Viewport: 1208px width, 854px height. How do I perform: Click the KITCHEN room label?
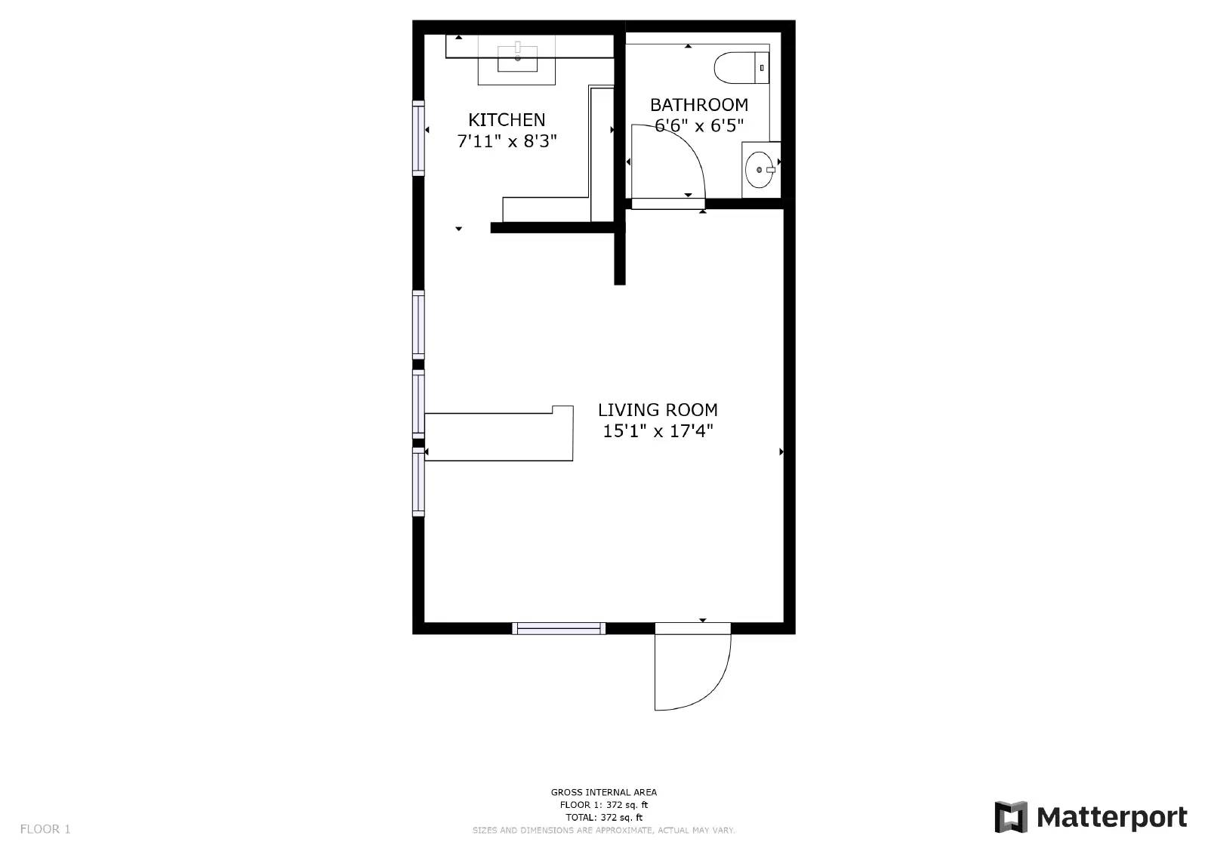click(x=507, y=119)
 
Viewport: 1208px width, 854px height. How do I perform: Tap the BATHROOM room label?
click(x=699, y=104)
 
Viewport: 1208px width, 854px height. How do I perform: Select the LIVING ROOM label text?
click(x=658, y=410)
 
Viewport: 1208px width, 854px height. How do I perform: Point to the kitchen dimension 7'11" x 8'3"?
click(x=507, y=141)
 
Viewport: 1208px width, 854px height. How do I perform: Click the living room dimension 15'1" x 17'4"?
click(x=658, y=431)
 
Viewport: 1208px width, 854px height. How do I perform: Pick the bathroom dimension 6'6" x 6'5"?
click(x=699, y=125)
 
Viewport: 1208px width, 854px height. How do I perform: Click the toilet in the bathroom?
click(x=740, y=67)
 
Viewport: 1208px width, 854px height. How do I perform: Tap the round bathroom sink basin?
click(x=759, y=170)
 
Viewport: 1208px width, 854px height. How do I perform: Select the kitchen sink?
click(x=518, y=58)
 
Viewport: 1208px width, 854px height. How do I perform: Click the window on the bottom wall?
click(x=559, y=628)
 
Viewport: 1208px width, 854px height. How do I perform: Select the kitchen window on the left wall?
click(x=418, y=137)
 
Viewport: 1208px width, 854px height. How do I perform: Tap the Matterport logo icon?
click(x=1011, y=817)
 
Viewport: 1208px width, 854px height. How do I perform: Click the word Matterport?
click(x=1111, y=817)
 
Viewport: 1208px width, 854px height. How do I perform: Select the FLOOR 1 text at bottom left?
click(x=45, y=829)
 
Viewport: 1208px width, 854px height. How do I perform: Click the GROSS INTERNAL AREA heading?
click(x=603, y=792)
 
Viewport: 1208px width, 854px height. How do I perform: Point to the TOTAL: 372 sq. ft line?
click(x=603, y=817)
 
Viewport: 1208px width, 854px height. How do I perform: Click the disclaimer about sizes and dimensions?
click(x=603, y=830)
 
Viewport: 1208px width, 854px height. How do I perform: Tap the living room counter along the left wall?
click(x=498, y=436)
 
